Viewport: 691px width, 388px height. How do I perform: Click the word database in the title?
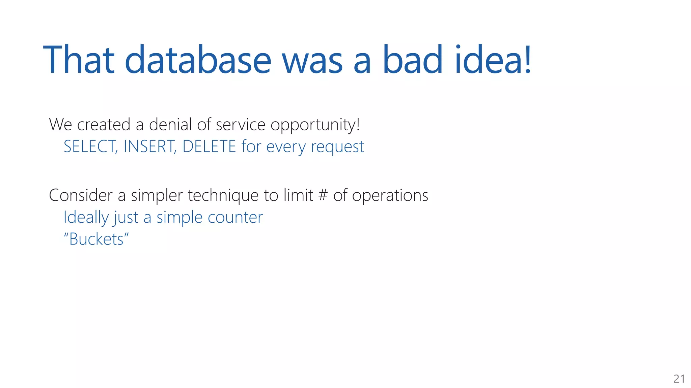pos(198,60)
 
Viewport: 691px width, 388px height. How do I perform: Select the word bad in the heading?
pos(412,60)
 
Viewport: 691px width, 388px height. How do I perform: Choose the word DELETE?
pos(209,147)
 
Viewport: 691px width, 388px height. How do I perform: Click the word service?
pos(240,125)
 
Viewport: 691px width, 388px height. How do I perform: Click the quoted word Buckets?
pos(96,239)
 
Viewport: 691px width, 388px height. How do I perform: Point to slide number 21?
pos(679,379)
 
